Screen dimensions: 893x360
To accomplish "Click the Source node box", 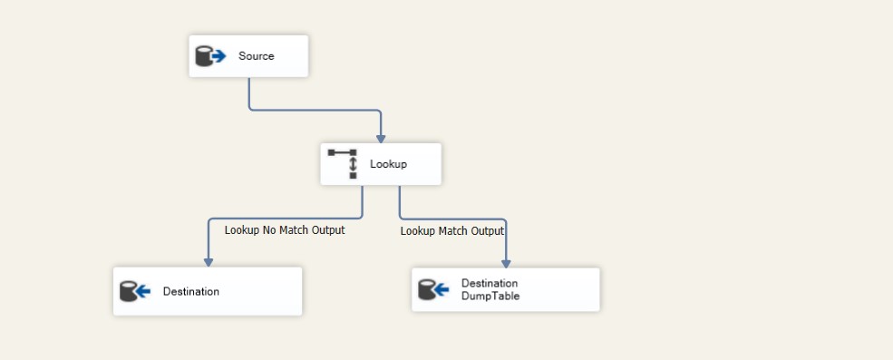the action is [x=248, y=56].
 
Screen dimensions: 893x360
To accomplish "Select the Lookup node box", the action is [x=381, y=164].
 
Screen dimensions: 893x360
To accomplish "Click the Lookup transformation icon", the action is [x=344, y=164].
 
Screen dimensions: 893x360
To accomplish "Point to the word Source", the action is [x=256, y=56].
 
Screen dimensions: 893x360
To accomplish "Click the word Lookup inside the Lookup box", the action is [x=388, y=164].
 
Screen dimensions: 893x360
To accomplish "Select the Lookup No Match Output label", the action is [x=285, y=230].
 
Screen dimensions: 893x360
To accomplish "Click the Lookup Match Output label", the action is [x=451, y=231].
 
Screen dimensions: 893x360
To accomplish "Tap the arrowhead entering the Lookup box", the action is [x=381, y=138].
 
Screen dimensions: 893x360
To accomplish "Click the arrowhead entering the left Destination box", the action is [x=208, y=261].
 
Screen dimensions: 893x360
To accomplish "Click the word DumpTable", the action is [x=490, y=296].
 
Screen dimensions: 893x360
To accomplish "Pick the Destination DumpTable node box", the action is [x=505, y=289].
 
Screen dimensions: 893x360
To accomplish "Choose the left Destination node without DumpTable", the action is [x=207, y=291].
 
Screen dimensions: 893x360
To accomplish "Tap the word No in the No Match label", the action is [x=269, y=230].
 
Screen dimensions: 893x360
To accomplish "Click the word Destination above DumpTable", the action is [x=490, y=283].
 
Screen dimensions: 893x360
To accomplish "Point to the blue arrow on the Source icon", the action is [x=218, y=56].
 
